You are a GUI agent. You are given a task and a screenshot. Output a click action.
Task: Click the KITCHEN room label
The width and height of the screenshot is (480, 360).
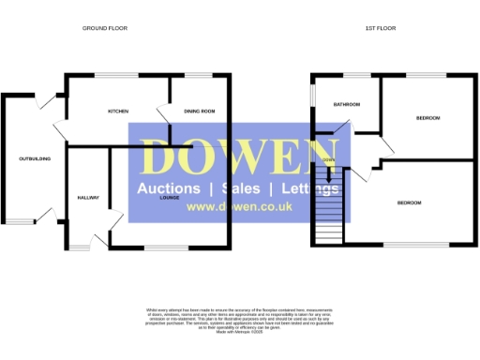[118, 112]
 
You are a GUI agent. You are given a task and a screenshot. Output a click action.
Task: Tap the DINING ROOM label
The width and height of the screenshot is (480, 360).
[200, 112]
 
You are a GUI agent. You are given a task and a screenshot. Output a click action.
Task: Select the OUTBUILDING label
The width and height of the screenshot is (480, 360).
[35, 159]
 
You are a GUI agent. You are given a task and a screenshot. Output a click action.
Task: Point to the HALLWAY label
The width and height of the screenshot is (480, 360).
[89, 198]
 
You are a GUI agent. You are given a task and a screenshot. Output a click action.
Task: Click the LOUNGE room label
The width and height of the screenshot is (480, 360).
[169, 198]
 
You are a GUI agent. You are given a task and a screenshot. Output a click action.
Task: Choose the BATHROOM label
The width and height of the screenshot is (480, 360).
[347, 104]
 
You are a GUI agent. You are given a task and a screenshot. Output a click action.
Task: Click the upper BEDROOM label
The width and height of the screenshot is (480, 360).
[428, 117]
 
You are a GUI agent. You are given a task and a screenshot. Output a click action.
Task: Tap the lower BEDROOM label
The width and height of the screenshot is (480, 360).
[409, 203]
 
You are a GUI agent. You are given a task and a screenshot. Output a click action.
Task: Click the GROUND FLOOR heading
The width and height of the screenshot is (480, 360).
[104, 28]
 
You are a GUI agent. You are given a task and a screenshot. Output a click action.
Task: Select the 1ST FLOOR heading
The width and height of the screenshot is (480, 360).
[381, 28]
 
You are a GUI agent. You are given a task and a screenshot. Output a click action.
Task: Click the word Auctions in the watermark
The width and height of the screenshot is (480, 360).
[169, 188]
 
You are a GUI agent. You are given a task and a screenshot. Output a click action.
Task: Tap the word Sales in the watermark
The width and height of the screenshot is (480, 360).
[242, 188]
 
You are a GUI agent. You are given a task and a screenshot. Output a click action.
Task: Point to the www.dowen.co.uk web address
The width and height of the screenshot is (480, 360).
[229, 207]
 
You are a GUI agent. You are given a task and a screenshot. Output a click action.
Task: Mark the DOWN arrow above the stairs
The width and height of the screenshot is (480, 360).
[328, 160]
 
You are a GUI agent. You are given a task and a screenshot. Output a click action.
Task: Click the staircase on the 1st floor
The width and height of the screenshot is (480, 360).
[328, 214]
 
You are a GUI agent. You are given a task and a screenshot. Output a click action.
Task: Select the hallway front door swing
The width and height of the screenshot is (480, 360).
[114, 222]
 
